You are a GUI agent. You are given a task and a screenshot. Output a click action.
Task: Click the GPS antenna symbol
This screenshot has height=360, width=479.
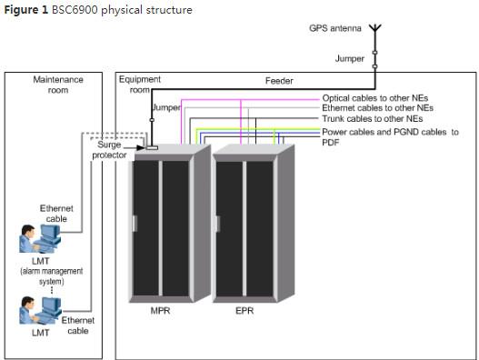[x=375, y=28]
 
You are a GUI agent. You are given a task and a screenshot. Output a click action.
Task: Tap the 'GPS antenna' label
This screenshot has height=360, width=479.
[x=335, y=28]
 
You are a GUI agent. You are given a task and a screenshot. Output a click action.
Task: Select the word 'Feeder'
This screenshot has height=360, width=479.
[x=279, y=81]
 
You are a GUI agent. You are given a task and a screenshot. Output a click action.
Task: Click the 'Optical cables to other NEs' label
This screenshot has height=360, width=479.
[x=375, y=98]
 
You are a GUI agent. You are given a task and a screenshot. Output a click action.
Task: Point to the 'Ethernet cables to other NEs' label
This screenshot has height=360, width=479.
[x=377, y=108]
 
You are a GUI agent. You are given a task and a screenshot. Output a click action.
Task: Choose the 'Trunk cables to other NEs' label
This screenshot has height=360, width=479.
[x=373, y=118]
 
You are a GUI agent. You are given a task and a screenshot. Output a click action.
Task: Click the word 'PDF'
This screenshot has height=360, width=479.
[x=331, y=143]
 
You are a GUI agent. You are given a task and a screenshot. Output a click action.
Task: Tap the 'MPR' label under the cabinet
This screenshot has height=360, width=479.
[x=160, y=311]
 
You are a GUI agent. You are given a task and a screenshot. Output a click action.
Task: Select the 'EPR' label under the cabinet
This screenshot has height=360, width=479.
[x=244, y=311]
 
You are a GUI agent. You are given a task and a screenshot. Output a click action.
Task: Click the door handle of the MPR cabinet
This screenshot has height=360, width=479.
[x=135, y=224]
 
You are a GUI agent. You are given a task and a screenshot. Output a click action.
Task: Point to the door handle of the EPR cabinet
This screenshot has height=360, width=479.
[x=218, y=224]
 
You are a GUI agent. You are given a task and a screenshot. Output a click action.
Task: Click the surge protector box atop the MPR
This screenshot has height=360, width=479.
[x=152, y=148]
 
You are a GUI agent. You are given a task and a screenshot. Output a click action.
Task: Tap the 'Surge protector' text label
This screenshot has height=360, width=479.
[x=109, y=150]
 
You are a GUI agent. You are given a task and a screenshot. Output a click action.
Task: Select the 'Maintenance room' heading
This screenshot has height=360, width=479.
[x=58, y=85]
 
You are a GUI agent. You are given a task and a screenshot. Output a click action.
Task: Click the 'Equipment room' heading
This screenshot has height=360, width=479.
[x=140, y=85]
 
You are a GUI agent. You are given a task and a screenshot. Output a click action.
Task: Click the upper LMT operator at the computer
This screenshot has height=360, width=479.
[x=40, y=239]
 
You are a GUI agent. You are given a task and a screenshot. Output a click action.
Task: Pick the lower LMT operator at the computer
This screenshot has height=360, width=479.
[x=40, y=310]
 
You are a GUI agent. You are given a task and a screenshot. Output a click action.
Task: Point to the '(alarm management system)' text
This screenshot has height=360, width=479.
[x=52, y=276]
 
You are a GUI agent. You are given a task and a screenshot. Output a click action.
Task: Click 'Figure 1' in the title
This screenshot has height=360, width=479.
[x=26, y=10]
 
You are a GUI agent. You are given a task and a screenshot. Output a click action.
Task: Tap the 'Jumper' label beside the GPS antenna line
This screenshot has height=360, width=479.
[x=350, y=58]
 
